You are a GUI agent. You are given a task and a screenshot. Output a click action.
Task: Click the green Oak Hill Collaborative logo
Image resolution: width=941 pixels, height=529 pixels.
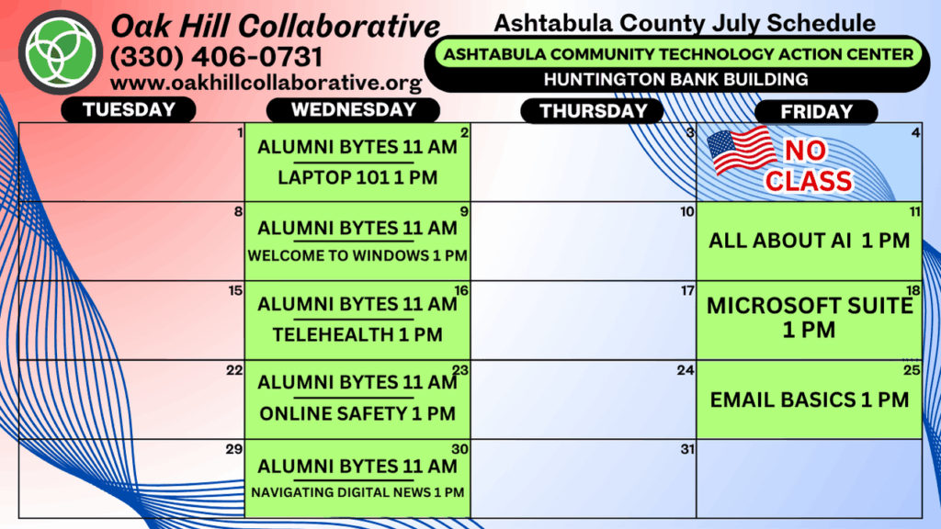pyautogui.click(x=61, y=52)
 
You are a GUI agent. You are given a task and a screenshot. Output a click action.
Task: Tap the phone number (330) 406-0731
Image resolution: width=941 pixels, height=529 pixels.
pyautogui.click(x=217, y=58)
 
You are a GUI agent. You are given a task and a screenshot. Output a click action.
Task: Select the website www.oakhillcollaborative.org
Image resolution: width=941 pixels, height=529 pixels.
pyautogui.click(x=266, y=83)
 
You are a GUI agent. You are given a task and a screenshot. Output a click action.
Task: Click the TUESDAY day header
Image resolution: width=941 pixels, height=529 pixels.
pyautogui.click(x=129, y=110)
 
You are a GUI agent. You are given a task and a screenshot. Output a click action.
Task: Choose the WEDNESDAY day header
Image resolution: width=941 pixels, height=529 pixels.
pyautogui.click(x=354, y=110)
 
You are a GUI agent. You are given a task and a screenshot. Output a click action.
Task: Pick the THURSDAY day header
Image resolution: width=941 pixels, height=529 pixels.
pyautogui.click(x=593, y=111)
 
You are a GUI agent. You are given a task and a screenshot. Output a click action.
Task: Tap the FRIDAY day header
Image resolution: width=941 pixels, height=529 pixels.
pyautogui.click(x=816, y=111)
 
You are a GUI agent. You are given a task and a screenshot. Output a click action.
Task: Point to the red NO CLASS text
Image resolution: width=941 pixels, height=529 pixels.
pyautogui.click(x=809, y=166)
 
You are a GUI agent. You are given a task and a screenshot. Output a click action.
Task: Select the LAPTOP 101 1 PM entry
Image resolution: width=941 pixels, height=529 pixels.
pyautogui.click(x=357, y=177)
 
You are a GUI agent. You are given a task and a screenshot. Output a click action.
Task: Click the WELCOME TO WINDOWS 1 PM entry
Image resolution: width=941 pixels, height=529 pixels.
pyautogui.click(x=357, y=255)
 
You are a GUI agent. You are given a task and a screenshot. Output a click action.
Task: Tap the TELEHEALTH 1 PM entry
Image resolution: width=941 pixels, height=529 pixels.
pyautogui.click(x=357, y=334)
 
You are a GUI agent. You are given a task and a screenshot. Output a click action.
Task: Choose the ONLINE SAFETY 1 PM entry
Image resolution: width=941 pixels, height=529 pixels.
pyautogui.click(x=357, y=413)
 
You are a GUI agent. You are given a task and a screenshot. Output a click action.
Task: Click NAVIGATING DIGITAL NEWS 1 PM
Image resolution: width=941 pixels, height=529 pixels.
pyautogui.click(x=357, y=492)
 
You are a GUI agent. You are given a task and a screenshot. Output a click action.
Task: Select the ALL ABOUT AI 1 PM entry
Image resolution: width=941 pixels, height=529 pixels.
pyautogui.click(x=809, y=241)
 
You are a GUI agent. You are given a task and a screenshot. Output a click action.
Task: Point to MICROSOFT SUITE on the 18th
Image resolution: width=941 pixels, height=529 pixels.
pyautogui.click(x=809, y=306)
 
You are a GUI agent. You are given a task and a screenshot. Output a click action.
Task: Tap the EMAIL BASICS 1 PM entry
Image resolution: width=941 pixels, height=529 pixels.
pyautogui.click(x=809, y=400)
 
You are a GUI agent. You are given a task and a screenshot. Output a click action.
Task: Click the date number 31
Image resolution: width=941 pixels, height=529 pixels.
pyautogui.click(x=687, y=448)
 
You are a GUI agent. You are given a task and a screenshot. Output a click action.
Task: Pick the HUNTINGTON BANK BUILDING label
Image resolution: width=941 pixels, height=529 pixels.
pyautogui.click(x=675, y=79)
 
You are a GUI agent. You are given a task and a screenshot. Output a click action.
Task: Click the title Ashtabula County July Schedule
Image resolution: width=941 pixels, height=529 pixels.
pyautogui.click(x=684, y=23)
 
